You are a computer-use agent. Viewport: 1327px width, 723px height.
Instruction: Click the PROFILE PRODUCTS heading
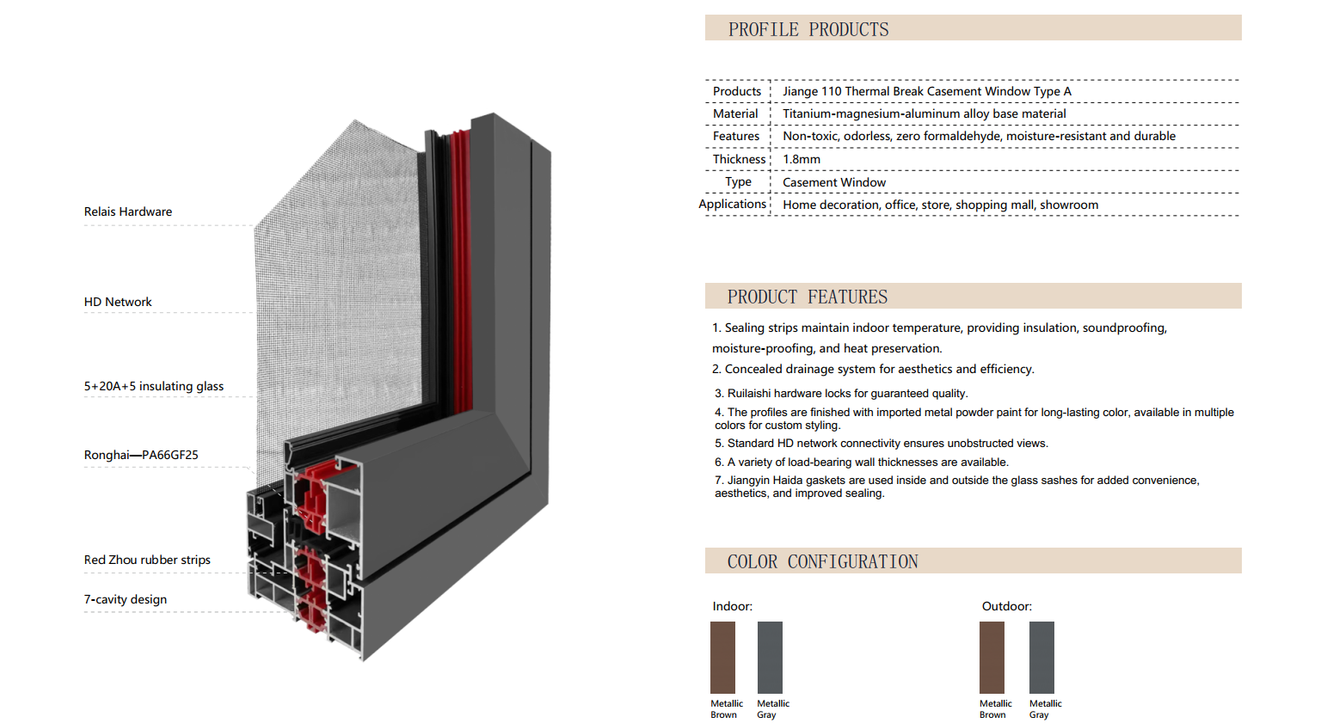pyautogui.click(x=808, y=29)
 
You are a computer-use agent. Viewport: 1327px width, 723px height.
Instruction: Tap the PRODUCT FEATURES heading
pyautogui.click(x=807, y=297)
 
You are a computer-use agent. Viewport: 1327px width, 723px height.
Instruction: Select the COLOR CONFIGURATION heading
pyautogui.click(x=822, y=561)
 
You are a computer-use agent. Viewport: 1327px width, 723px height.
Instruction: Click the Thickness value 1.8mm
pyautogui.click(x=801, y=159)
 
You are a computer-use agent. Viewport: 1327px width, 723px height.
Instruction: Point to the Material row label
pyautogui.click(x=735, y=113)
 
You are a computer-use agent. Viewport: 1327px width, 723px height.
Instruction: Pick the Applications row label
pyautogui.click(x=732, y=205)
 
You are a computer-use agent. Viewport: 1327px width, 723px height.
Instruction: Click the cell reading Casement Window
pyautogui.click(x=834, y=182)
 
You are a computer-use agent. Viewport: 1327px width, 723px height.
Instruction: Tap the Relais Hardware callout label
pyautogui.click(x=128, y=211)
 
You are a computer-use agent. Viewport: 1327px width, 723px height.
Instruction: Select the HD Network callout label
pyautogui.click(x=118, y=302)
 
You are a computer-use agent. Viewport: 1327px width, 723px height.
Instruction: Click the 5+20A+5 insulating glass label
pyautogui.click(x=154, y=386)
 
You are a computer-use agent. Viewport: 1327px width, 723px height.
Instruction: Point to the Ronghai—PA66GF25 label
pyautogui.click(x=141, y=455)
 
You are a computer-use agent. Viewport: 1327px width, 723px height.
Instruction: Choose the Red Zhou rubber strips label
pyautogui.click(x=147, y=560)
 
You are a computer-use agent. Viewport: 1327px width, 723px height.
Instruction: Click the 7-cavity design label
pyautogui.click(x=126, y=599)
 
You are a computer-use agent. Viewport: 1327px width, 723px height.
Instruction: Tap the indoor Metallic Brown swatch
pyautogui.click(x=722, y=658)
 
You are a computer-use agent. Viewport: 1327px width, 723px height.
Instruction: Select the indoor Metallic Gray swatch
pyautogui.click(x=770, y=658)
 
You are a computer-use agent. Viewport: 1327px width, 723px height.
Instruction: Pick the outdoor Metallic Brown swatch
pyautogui.click(x=992, y=658)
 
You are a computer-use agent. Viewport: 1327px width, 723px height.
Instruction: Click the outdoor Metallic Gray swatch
pyautogui.click(x=1041, y=658)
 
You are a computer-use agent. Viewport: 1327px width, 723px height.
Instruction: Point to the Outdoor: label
pyautogui.click(x=1006, y=606)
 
